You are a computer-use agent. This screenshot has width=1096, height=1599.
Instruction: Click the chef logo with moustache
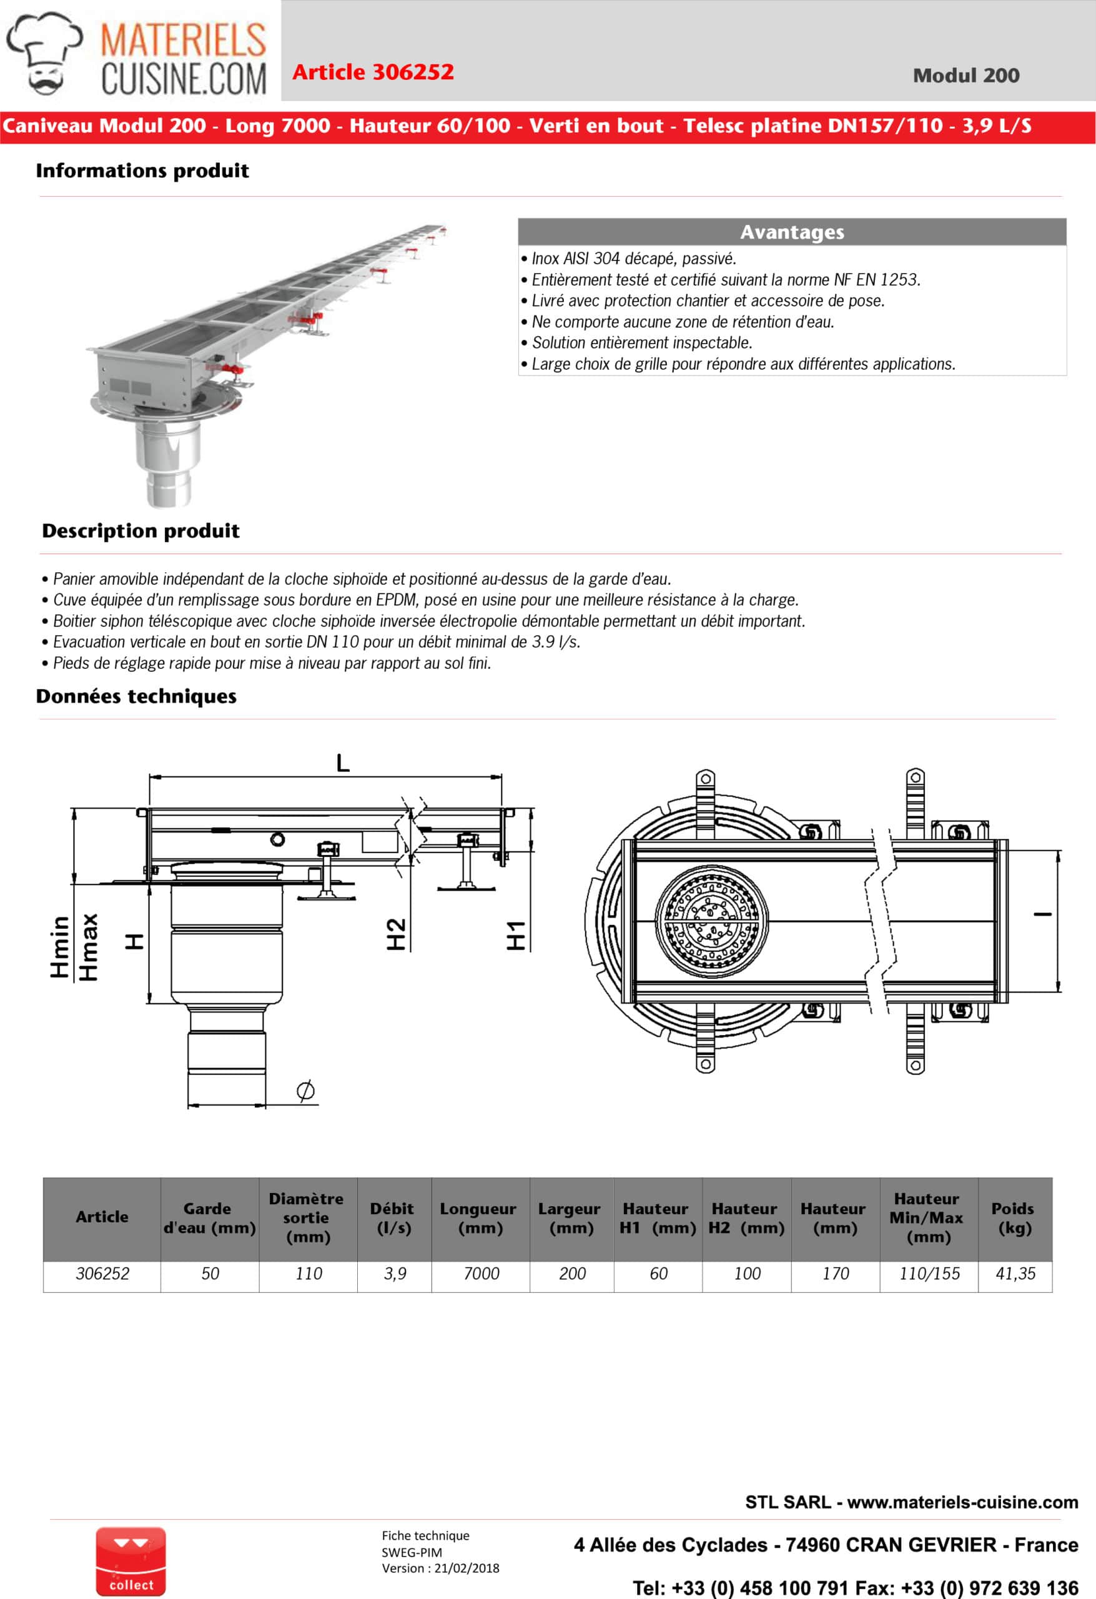44,52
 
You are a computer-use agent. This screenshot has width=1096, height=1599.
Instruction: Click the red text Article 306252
373,72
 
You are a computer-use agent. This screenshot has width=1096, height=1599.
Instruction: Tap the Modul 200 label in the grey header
965,76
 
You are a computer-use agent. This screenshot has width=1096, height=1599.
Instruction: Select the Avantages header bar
791,232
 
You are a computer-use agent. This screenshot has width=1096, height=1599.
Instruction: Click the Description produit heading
141,531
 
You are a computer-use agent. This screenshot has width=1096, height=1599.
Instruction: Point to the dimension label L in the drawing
343,763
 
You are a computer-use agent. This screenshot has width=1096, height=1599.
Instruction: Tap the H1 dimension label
516,935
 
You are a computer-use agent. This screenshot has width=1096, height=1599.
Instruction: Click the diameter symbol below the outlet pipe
305,1090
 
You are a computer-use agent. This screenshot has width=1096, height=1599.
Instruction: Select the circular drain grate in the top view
711,921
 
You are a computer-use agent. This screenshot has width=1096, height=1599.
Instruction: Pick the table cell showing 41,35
1015,1274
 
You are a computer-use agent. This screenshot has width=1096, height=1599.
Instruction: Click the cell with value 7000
481,1274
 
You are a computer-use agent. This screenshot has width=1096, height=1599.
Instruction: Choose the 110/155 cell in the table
929,1274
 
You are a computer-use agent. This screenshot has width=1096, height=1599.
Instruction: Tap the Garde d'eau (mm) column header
209,1219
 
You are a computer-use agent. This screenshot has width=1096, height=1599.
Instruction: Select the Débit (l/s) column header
393,1219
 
